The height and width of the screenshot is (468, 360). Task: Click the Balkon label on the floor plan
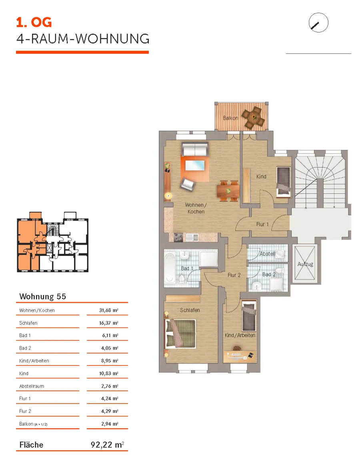coord(230,118)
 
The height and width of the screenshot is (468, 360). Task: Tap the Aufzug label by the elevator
coord(305,264)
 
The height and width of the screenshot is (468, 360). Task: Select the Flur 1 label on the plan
coord(262,224)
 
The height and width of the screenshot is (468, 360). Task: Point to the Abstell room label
coord(267,254)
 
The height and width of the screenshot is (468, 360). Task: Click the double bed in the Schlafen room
coord(180,333)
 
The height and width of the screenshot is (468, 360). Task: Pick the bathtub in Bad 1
coord(170,268)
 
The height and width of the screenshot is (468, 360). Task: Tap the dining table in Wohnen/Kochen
coord(228,191)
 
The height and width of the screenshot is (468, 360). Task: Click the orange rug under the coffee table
coord(194,168)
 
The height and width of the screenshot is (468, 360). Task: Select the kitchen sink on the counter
coord(192,237)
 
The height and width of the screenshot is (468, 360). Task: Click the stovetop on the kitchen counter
coord(178,237)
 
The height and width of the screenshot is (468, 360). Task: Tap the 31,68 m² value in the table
coord(108,310)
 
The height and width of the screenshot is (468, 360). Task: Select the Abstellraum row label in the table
coord(32,386)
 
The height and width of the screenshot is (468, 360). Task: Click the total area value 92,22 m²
coord(107,445)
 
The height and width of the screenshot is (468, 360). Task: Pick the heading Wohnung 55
coord(43,296)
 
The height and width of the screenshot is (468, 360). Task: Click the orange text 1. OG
coord(34,22)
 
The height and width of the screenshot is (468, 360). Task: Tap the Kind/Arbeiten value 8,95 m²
coord(110,361)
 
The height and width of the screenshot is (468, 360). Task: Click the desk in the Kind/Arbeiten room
coord(239,356)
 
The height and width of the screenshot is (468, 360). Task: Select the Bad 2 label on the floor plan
coord(269,274)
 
